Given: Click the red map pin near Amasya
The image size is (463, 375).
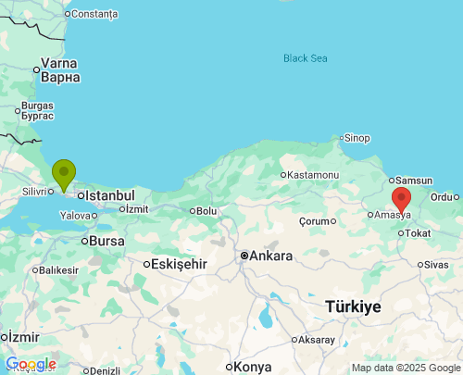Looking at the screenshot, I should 401,198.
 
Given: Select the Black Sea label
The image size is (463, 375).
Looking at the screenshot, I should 306,58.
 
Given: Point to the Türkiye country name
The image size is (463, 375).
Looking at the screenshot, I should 353,306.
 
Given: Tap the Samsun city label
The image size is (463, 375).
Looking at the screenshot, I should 414,180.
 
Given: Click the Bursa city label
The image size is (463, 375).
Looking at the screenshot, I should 107,241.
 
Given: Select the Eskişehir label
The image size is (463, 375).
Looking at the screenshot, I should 177,264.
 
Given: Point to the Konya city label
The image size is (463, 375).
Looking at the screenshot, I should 253,367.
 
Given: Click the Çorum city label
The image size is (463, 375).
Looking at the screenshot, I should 316,221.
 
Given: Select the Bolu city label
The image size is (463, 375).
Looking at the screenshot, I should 206,211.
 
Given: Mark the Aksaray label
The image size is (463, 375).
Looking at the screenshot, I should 317,340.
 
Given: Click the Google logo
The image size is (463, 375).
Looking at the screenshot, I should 31,364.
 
